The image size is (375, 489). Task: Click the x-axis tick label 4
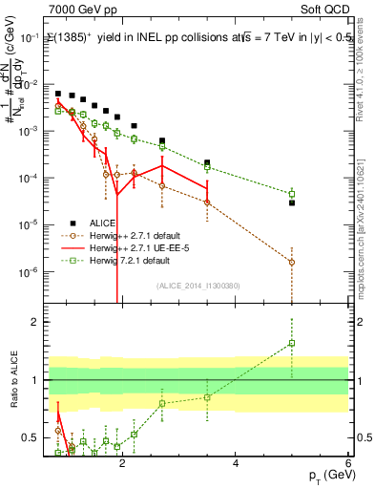pos(236,465)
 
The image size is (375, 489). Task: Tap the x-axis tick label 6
pos(348,465)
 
